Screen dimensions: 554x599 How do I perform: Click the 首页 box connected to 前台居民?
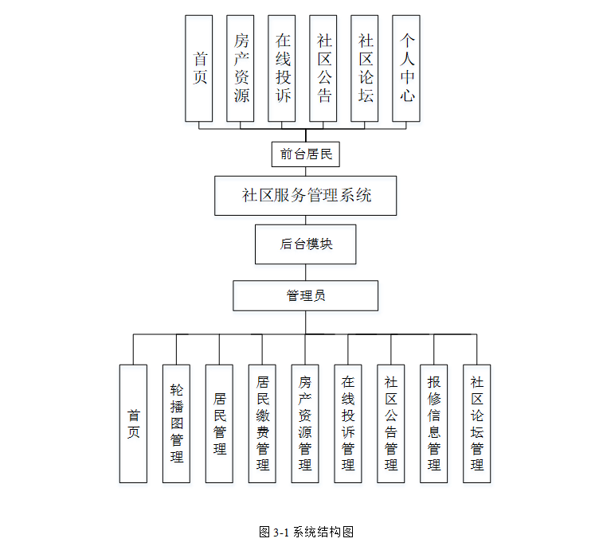pyautogui.click(x=198, y=68)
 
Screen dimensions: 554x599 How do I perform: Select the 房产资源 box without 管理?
pyautogui.click(x=241, y=68)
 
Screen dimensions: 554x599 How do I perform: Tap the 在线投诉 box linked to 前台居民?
pyautogui.click(x=282, y=68)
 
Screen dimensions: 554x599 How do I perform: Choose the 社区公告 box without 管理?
pyautogui.click(x=323, y=68)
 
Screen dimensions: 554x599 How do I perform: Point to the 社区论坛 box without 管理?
pyautogui.click(x=365, y=68)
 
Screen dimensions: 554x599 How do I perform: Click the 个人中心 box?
pyautogui.click(x=406, y=68)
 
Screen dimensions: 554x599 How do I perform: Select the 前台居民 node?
pyautogui.click(x=306, y=154)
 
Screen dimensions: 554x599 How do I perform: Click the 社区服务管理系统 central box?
pyautogui.click(x=306, y=196)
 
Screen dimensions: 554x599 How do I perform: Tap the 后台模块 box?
pyautogui.click(x=306, y=244)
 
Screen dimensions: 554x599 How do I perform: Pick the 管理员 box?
pyautogui.click(x=306, y=295)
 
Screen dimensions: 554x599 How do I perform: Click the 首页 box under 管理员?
pyautogui.click(x=133, y=423)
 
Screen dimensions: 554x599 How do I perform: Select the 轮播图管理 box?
pyautogui.click(x=176, y=423)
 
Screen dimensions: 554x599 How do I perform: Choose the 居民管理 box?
pyautogui.click(x=219, y=423)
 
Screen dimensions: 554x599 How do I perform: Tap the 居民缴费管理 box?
pyautogui.click(x=262, y=423)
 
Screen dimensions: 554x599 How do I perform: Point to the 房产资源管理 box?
pyautogui.click(x=305, y=423)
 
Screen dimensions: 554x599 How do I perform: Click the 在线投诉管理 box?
pyautogui.click(x=348, y=423)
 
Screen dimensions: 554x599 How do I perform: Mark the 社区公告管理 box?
pyautogui.click(x=391, y=423)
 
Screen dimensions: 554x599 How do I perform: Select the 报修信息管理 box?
pyautogui.click(x=434, y=423)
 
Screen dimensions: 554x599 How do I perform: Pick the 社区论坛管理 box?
pyautogui.click(x=477, y=423)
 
